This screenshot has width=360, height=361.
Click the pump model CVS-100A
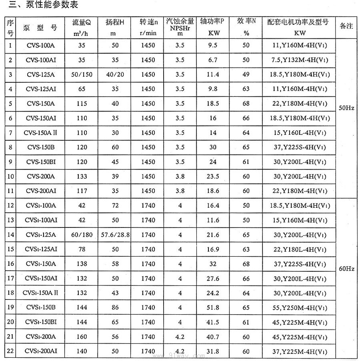(41, 46)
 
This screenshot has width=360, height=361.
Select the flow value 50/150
(82, 75)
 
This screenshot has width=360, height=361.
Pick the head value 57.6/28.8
(115, 235)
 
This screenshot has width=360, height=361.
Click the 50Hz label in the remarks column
(346, 108)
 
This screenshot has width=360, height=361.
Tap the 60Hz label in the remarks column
(346, 269)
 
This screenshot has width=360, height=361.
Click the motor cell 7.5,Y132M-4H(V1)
(298, 60)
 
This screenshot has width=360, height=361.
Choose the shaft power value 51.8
(213, 307)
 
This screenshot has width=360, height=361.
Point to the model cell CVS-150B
(41, 147)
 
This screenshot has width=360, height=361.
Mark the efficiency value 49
(246, 75)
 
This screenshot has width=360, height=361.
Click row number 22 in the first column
(10, 351)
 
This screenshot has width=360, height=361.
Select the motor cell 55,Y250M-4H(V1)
(298, 307)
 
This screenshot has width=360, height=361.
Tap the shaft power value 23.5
(213, 176)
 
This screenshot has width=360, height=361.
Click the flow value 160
(82, 337)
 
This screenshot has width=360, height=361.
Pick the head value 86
(115, 307)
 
